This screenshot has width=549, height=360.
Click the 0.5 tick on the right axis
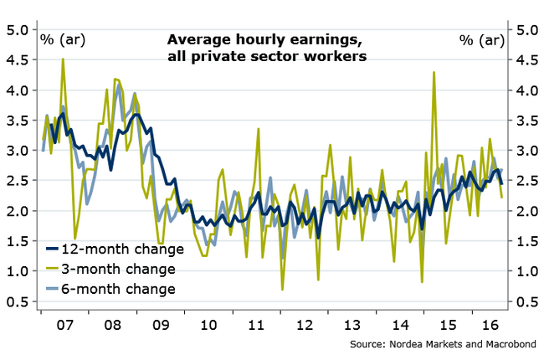tap(526, 301)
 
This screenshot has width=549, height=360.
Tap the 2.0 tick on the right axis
tap(526, 211)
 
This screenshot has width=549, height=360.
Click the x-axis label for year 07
tap(64, 321)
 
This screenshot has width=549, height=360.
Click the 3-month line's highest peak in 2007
tap(63, 59)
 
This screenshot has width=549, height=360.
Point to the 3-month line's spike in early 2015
tap(434, 73)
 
